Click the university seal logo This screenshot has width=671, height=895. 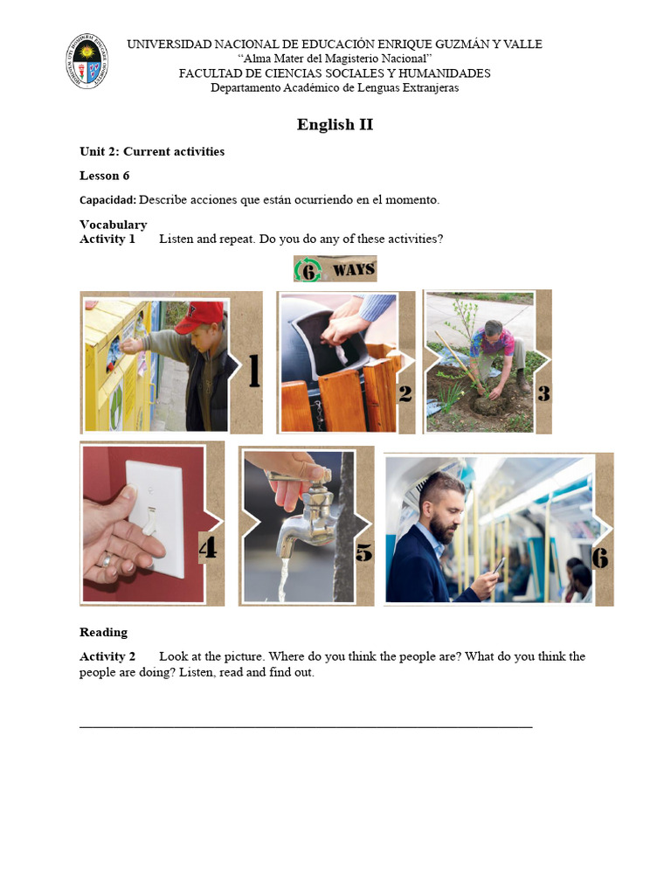point(87,60)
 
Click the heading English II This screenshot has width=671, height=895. point(335,124)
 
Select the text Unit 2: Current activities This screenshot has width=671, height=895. point(152,151)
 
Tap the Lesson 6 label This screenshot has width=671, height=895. point(105,176)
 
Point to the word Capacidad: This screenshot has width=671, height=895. point(107,200)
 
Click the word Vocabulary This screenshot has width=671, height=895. point(114,225)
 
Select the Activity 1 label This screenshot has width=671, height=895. point(107,239)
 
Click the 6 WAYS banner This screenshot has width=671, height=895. point(335,269)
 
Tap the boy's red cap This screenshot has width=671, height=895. point(200,316)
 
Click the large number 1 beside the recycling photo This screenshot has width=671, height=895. point(253,371)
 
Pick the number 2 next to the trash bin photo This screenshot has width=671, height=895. point(405,393)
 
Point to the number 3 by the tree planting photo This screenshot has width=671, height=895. point(543,393)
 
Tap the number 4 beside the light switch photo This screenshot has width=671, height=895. point(208,548)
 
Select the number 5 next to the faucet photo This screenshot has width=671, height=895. point(363,552)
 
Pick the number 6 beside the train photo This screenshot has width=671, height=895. point(600,557)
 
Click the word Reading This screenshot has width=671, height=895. point(103,632)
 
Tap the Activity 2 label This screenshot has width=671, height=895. point(107,656)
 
